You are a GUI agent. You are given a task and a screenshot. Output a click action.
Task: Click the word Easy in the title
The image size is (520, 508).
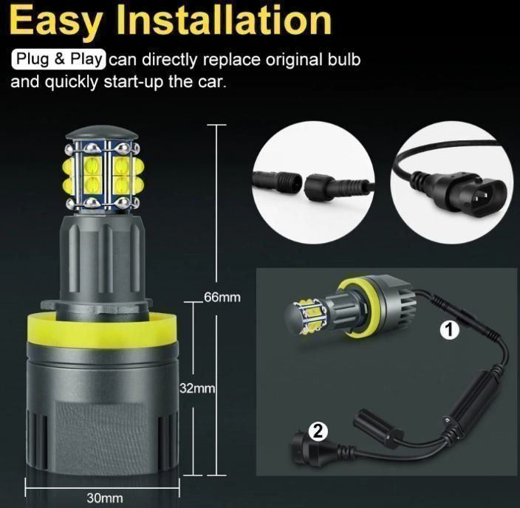tap(55, 21)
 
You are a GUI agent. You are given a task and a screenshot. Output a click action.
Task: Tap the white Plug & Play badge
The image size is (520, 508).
tap(58, 59)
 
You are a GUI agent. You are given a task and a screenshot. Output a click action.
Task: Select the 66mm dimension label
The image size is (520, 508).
tap(222, 297)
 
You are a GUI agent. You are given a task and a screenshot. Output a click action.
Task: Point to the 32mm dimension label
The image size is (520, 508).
tap(197, 388)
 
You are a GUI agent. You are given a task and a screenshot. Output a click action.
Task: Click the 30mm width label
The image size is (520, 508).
tap(105, 498)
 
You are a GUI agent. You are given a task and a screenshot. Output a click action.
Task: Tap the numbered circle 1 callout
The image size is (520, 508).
tap(449, 330)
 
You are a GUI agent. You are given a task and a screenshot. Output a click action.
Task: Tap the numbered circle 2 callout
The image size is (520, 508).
tap(318, 431)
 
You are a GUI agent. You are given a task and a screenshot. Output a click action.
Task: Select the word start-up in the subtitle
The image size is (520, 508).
tap(134, 82)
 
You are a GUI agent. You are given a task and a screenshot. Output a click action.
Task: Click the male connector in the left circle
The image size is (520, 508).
tap(277, 180)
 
